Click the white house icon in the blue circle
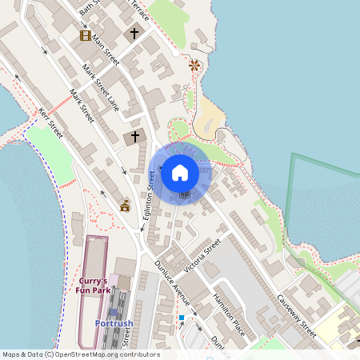(x=180, y=172)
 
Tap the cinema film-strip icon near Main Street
(x=85, y=35)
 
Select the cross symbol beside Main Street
(x=134, y=34)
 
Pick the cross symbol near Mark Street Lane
(x=135, y=137)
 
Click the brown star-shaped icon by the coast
(x=193, y=64)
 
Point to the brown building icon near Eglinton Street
(x=125, y=206)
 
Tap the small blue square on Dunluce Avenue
(x=182, y=318)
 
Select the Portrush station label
(x=114, y=323)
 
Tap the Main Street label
(x=106, y=49)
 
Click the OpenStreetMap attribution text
(x=81, y=354)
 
